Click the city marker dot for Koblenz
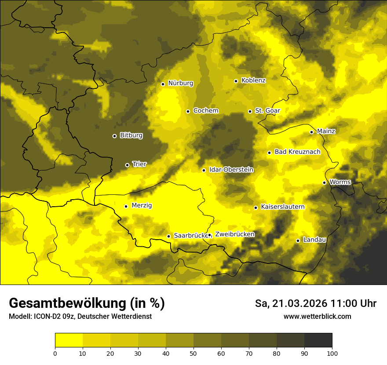236,81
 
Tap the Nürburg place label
181,83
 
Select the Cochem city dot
188,111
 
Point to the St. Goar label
267,110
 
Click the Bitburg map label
131,135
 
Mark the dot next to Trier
128,165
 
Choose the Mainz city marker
311,132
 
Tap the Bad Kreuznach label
297,152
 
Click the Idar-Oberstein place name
231,169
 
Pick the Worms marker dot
325,182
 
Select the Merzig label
142,206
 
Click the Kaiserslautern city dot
256,208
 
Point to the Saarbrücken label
190,236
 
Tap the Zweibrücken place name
235,234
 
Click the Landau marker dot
298,241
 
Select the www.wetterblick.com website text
318,316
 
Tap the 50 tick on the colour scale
193,353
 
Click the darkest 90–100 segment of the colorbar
318,340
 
